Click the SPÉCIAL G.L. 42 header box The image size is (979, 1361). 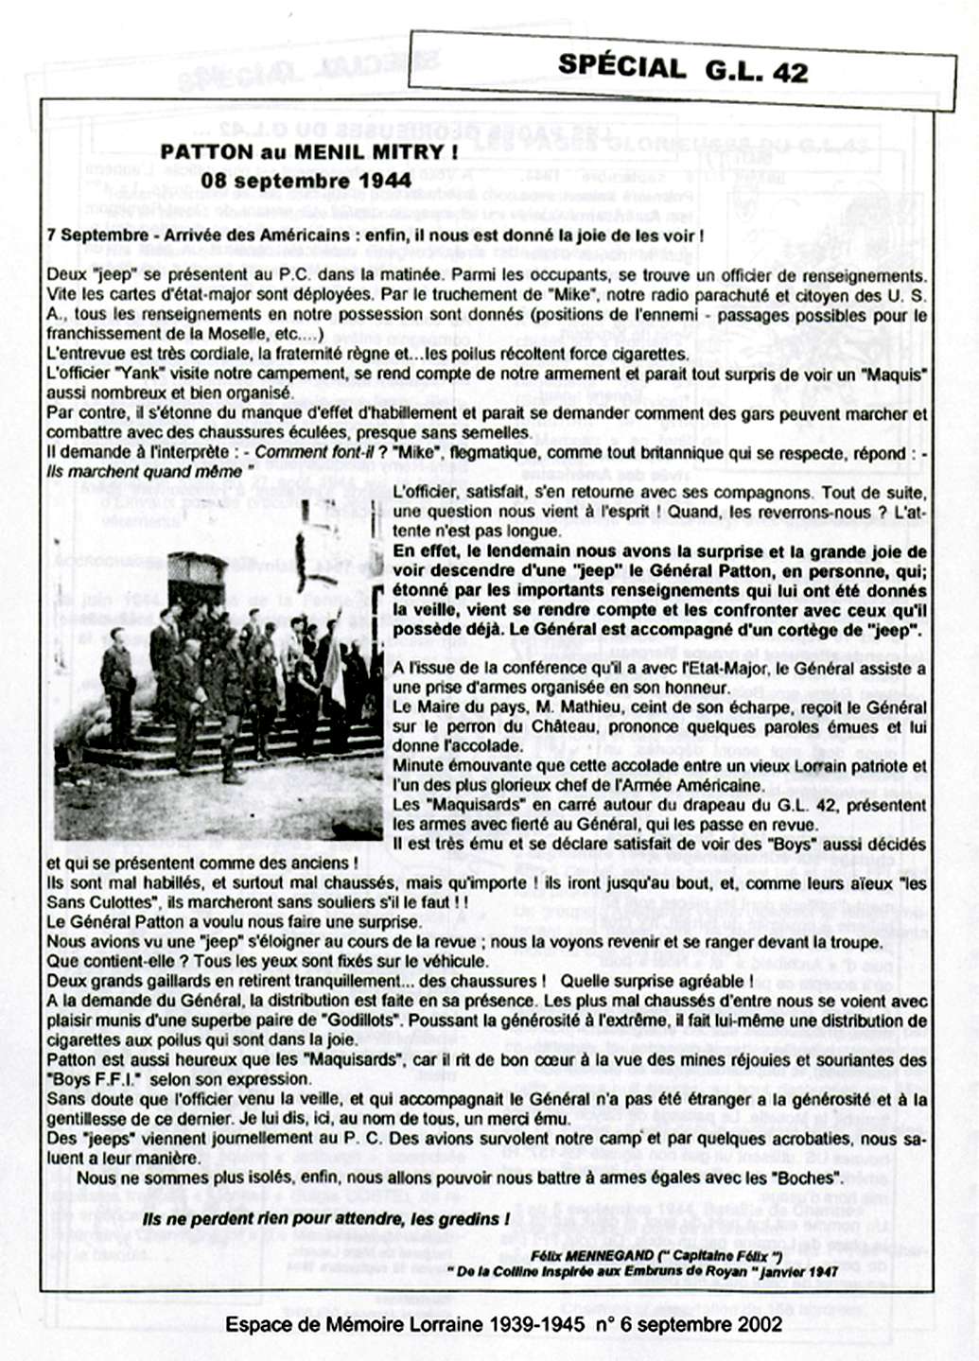pos(682,69)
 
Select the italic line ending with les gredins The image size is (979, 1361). pos(326,1219)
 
